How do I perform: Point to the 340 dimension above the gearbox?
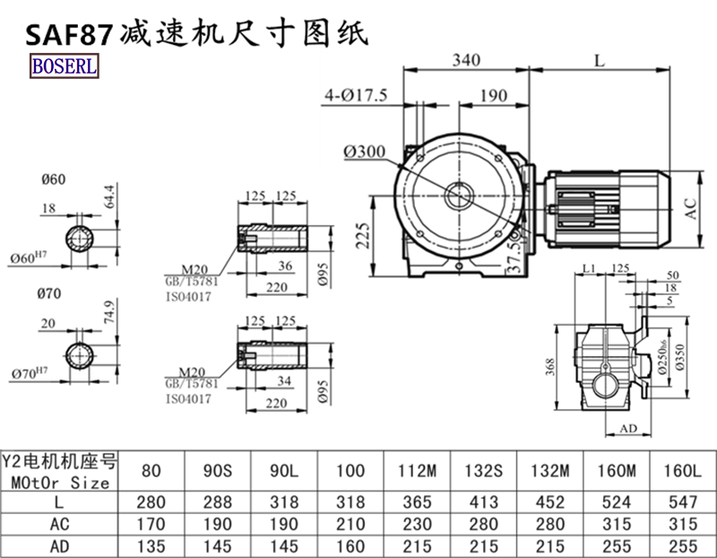click(466, 60)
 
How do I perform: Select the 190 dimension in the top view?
click(493, 96)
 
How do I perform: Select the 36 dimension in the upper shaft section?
click(285, 266)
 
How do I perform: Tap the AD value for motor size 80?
click(151, 545)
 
